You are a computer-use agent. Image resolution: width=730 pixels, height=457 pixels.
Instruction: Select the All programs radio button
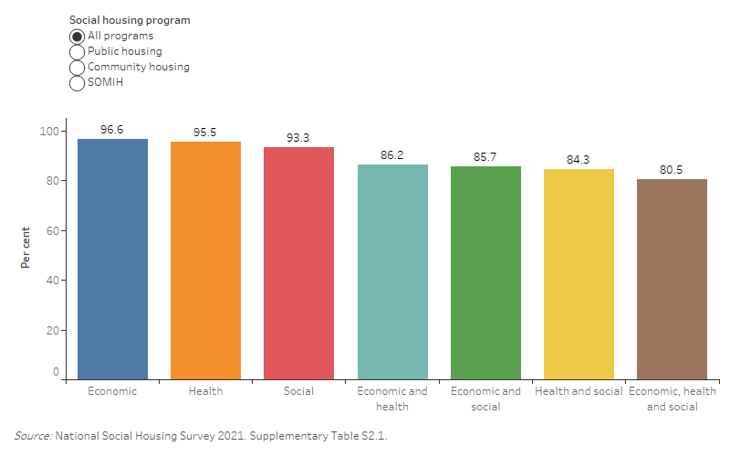[78, 37]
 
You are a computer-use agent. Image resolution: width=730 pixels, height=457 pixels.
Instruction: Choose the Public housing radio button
[78, 52]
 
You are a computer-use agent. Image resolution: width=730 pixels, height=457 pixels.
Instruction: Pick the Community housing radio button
[78, 68]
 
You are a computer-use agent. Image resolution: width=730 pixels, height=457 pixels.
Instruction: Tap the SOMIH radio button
[78, 83]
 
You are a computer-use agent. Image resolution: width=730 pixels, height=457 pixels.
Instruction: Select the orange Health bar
[205, 260]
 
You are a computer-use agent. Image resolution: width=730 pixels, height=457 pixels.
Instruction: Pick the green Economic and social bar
[485, 272]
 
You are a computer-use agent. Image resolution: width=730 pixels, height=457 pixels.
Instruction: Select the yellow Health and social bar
[579, 274]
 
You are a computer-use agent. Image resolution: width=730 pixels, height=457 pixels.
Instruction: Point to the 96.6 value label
[112, 130]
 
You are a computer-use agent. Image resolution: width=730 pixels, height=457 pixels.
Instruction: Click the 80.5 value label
[672, 170]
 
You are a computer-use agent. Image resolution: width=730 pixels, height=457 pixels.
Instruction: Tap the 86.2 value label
[391, 155]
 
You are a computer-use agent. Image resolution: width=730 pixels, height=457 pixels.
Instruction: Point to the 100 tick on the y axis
[50, 132]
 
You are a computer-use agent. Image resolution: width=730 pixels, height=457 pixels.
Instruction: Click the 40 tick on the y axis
[53, 281]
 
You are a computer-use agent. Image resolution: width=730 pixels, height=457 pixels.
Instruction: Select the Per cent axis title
[26, 247]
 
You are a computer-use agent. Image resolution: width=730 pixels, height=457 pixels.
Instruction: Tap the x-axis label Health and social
[579, 391]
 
